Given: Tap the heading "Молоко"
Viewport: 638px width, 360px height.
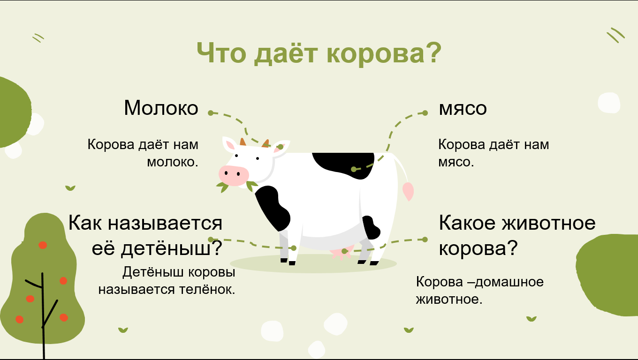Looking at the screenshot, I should tap(161, 108).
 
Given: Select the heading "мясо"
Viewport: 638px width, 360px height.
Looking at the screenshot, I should tap(463, 108).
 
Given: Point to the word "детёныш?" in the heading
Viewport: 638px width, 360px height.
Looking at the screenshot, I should tap(171, 248).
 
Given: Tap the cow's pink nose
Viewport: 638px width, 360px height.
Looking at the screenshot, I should tap(233, 175).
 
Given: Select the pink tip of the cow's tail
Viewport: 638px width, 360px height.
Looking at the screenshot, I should tap(408, 191).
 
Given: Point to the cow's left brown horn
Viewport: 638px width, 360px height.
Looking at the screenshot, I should tap(243, 142).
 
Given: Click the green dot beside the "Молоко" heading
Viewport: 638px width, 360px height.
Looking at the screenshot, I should tap(211, 112).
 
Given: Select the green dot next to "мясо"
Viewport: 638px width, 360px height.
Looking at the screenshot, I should tap(425, 112).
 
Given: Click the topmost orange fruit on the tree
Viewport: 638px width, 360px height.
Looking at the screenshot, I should tap(43, 245).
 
